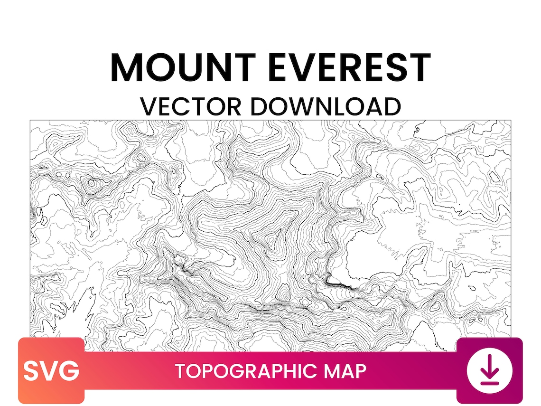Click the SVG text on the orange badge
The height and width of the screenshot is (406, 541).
point(51,371)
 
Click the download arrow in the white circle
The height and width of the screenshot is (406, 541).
point(489,368)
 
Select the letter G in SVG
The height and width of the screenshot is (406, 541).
point(69,371)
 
